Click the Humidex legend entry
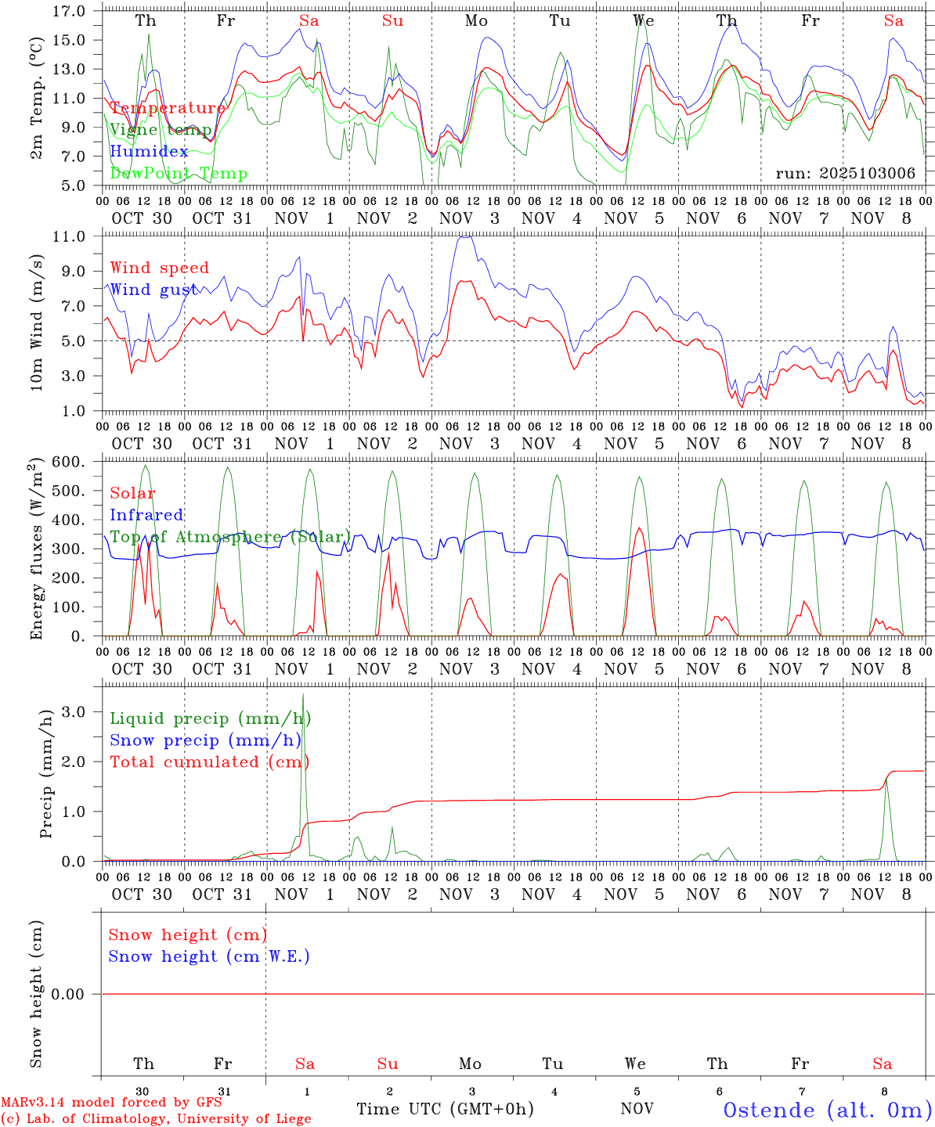tap(149, 152)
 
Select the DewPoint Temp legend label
tap(179, 174)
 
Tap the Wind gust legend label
tap(153, 290)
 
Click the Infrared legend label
tap(146, 515)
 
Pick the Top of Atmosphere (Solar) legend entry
tap(230, 537)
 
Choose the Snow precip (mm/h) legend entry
tap(205, 740)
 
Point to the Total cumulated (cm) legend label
tap(209, 762)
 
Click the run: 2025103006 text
tap(845, 174)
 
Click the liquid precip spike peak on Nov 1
tap(303, 694)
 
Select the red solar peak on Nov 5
tap(640, 528)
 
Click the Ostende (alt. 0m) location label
tap(827, 1110)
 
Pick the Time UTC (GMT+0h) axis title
tap(445, 1109)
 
